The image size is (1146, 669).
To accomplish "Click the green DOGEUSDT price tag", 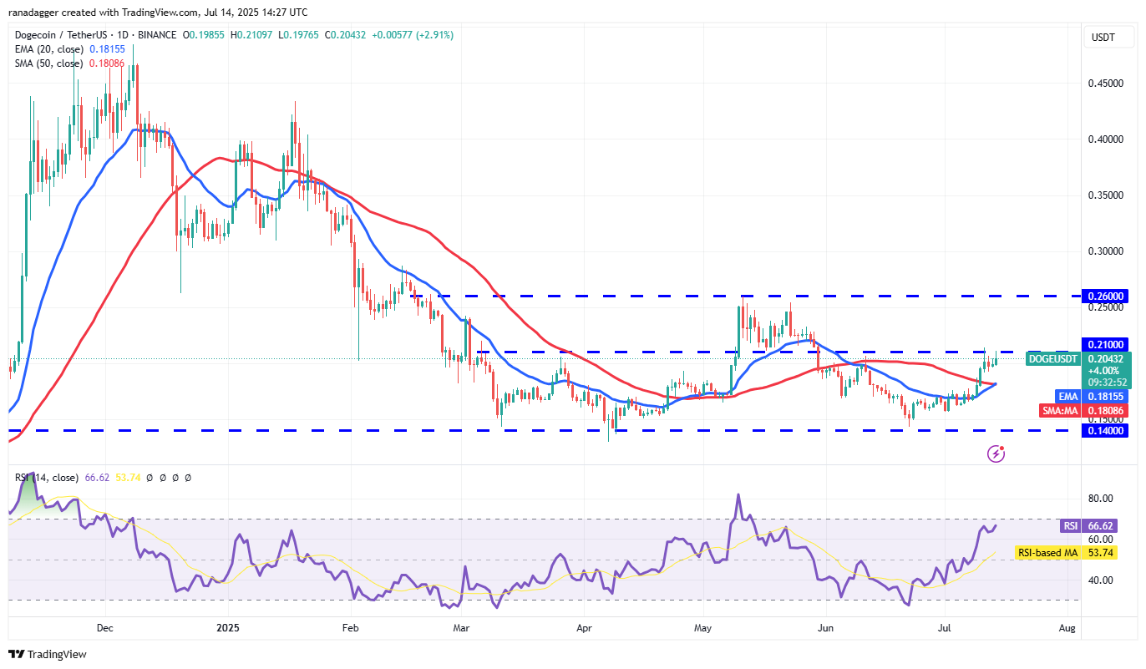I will point(1052,358).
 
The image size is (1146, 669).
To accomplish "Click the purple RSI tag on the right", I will point(1070,525).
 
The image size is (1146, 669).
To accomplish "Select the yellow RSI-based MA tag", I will point(1047,553).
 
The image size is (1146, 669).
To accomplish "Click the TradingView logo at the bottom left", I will point(48,654).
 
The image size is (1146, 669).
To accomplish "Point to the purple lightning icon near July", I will point(996,454).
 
